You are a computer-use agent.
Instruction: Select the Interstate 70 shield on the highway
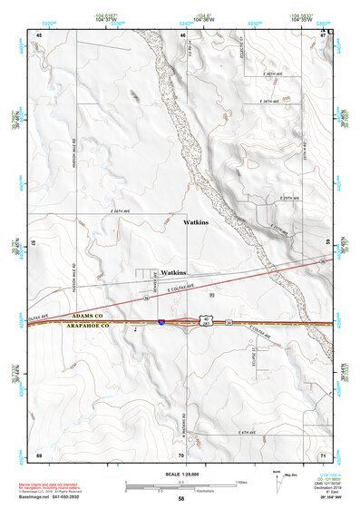point(161,321)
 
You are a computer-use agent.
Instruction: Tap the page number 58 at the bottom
point(181,499)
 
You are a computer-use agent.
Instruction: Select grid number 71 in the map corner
point(323,453)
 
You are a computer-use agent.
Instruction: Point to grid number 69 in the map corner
point(39,453)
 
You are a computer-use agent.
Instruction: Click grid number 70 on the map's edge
point(180,454)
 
